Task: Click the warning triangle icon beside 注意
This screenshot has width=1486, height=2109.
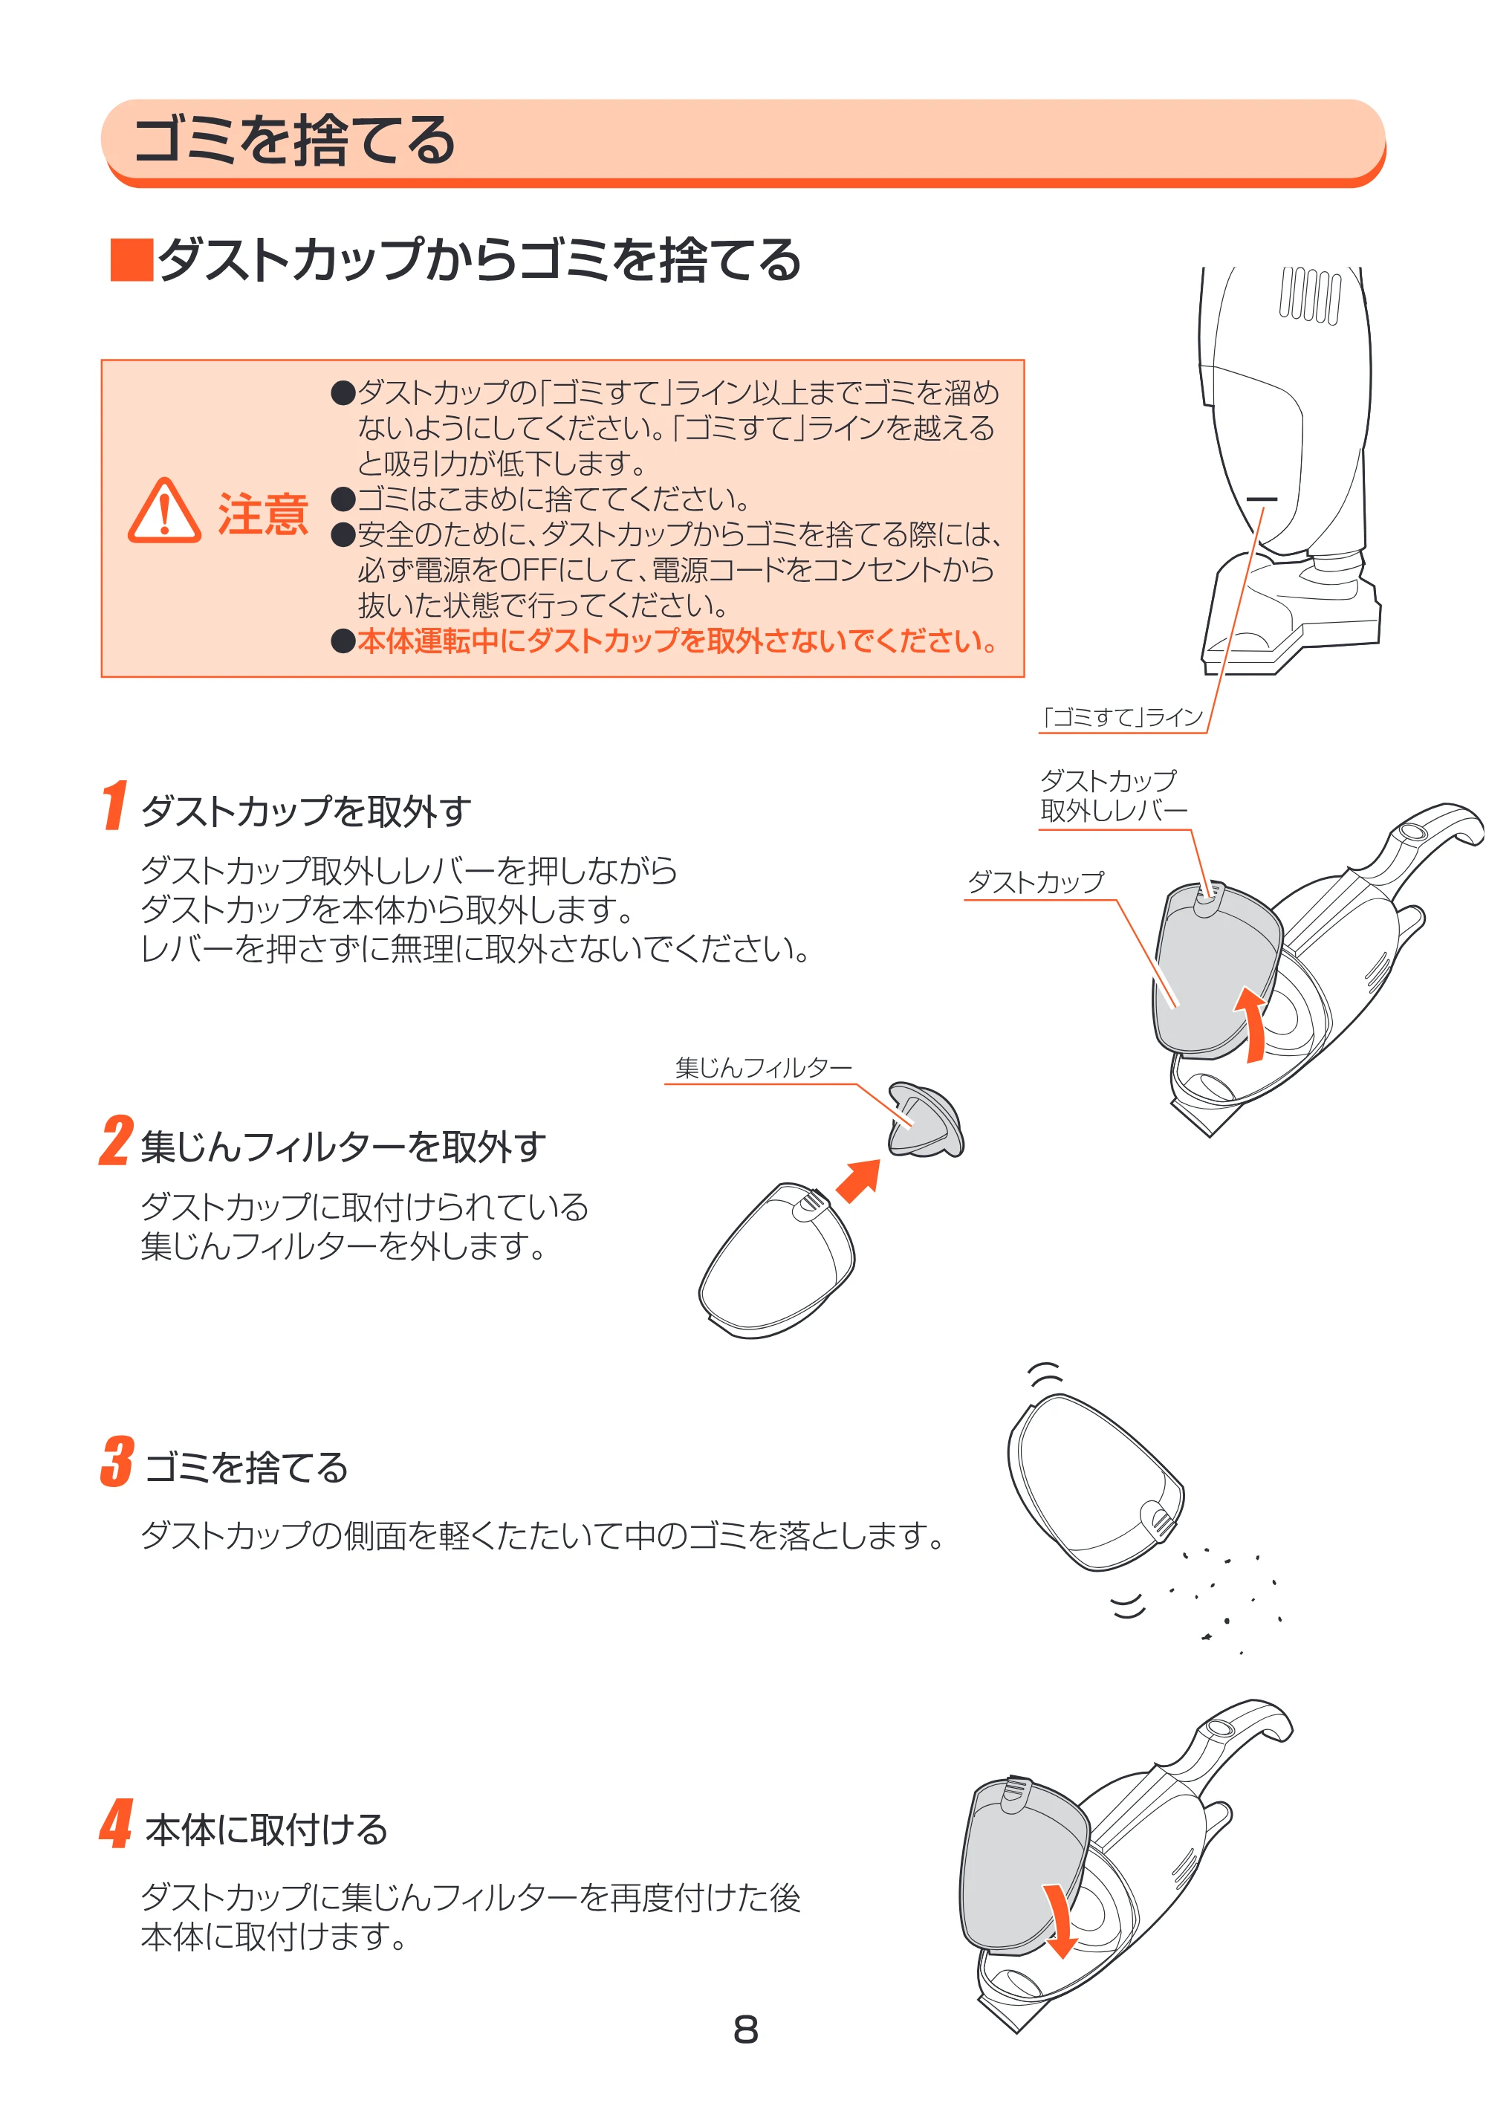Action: [163, 511]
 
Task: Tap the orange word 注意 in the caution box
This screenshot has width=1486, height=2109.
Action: [263, 514]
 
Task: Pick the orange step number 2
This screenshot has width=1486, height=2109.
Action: [117, 1141]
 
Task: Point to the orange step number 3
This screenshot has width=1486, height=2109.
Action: [117, 1462]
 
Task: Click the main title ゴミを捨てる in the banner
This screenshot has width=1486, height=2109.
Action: [295, 140]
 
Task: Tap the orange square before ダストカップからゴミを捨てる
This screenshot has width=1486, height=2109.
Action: [132, 260]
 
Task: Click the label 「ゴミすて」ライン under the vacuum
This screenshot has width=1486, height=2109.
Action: [1123, 717]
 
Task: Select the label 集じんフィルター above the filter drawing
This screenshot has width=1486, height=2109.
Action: [763, 1067]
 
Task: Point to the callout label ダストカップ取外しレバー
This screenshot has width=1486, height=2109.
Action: [1112, 795]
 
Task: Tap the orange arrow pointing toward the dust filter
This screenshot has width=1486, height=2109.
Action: [859, 1180]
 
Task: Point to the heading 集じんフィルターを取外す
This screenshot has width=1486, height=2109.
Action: [343, 1147]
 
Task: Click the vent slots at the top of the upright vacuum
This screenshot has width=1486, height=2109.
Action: [1311, 295]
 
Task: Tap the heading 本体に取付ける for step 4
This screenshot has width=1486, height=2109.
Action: [266, 1829]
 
